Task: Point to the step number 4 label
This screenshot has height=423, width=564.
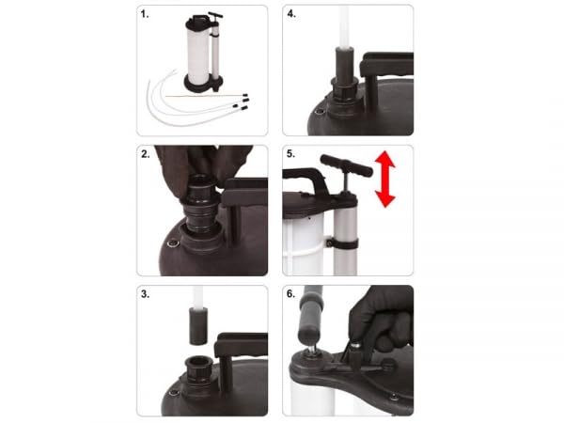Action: pos(292,14)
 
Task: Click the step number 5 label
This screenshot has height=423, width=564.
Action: pos(292,154)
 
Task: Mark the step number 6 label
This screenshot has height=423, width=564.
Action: pos(292,295)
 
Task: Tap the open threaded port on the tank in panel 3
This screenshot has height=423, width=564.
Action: pos(198,368)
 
